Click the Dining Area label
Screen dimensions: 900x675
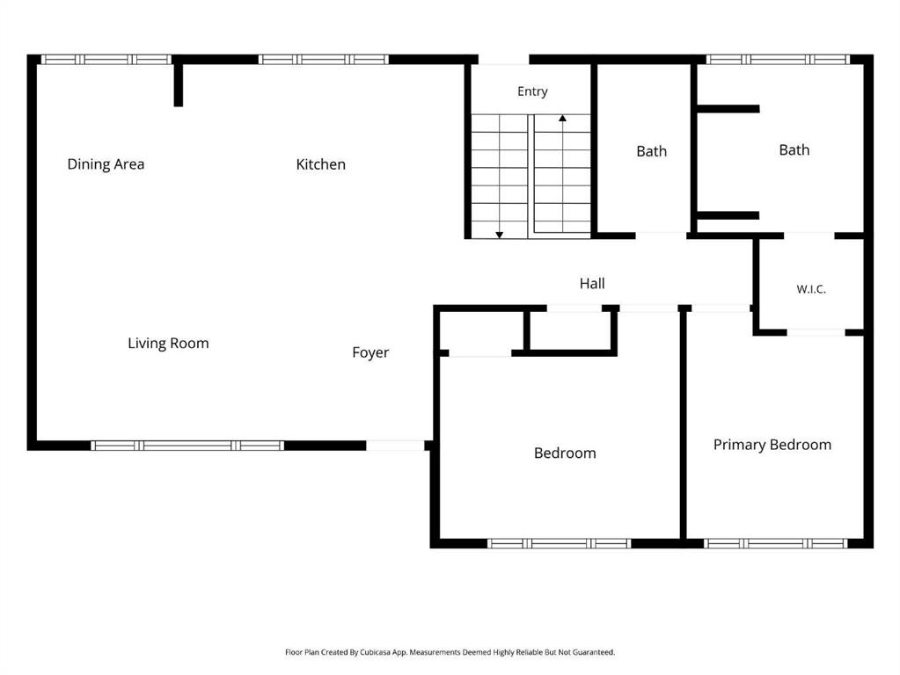pos(106,164)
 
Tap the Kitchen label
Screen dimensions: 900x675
pos(321,164)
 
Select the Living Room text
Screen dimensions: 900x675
pos(168,343)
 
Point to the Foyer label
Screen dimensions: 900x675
pos(370,352)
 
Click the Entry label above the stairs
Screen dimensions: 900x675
pos(532,91)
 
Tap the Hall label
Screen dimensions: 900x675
pos(592,283)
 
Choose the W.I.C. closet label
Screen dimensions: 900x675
pos(811,289)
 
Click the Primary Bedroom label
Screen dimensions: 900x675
pos(772,445)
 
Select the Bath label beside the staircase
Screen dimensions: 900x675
pos(652,151)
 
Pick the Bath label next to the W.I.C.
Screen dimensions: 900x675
pos(794,149)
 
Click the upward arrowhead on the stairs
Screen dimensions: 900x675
pos(562,118)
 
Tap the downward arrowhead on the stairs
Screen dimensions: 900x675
pos(500,235)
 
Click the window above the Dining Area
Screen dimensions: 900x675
pos(106,59)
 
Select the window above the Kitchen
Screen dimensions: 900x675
pos(323,59)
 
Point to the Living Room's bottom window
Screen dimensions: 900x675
pos(187,445)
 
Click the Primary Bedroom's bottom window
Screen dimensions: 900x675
pos(775,543)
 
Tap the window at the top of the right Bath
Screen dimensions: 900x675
pos(778,59)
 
